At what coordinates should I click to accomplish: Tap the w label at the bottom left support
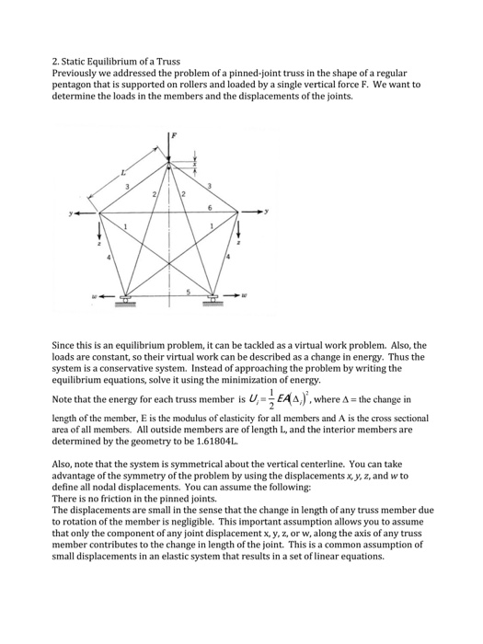(x=83, y=297)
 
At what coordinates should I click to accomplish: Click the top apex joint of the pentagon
(x=170, y=167)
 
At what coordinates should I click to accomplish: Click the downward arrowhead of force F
(x=170, y=162)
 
